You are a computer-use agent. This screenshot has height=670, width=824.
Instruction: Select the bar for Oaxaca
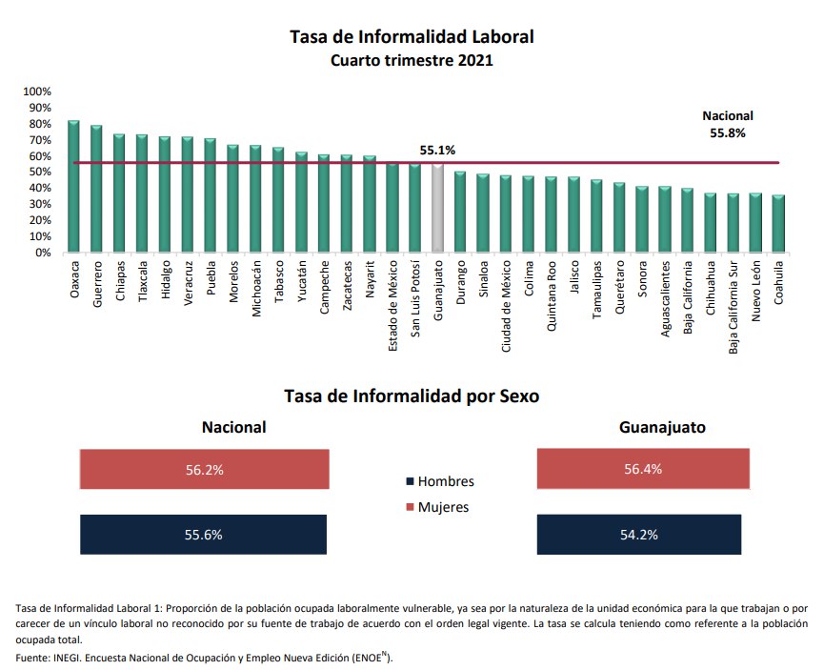coord(73,187)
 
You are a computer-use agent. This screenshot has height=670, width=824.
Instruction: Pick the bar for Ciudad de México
coord(506,214)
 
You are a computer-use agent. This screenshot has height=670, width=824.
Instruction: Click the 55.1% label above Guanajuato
coord(438,151)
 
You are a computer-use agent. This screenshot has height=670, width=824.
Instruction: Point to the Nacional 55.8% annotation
coord(728,125)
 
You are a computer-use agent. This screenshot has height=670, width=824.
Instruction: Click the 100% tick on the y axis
coord(37,91)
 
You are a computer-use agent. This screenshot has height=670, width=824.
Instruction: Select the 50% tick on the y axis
coord(40,173)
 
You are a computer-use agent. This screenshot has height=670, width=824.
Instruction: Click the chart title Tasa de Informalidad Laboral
coord(412,37)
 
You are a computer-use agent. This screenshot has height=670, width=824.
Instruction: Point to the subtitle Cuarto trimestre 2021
coord(412,61)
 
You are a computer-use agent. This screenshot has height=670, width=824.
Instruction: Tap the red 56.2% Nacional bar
coord(204,470)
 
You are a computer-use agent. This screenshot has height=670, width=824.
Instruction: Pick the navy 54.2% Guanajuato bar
coord(638,535)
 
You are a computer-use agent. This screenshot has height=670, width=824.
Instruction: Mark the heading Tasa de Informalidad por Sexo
coord(412,396)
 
